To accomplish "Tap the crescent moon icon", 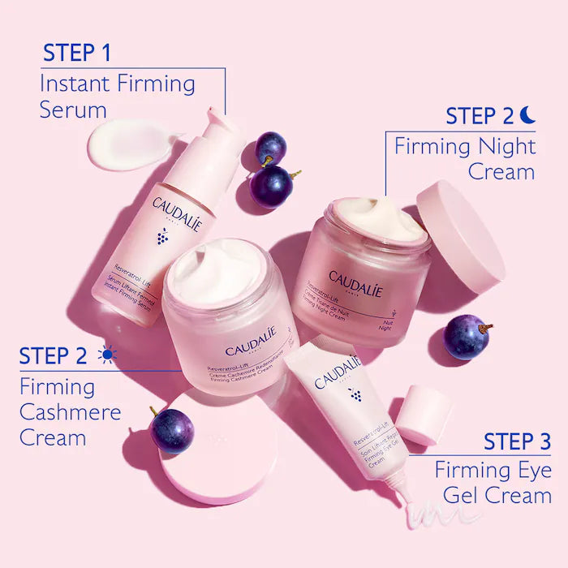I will pos(527,116).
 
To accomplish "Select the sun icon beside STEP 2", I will pos(106,355).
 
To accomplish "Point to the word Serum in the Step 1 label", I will pos(73,110).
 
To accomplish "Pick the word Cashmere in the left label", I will pos(70,412).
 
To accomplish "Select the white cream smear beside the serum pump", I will pos(130,144).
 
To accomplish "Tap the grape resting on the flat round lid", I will pos(172,429).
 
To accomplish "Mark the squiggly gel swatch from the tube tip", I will pos(431,511).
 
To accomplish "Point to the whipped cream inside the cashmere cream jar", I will pos(213,272).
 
